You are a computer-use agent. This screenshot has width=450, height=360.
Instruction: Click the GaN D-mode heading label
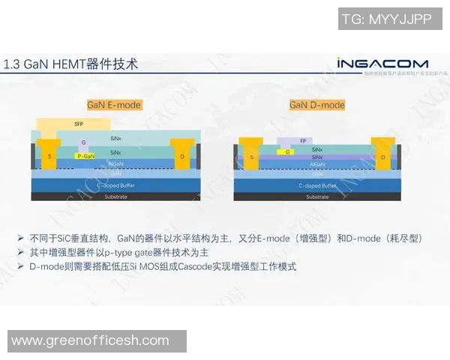(x=317, y=105)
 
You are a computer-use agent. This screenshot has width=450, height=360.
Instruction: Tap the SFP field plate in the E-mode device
(x=79, y=124)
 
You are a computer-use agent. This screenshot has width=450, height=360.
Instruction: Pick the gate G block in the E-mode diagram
(x=83, y=142)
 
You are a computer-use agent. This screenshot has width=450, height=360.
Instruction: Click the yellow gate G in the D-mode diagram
(x=285, y=151)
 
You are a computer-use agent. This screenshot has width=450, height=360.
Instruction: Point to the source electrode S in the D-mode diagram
(x=251, y=157)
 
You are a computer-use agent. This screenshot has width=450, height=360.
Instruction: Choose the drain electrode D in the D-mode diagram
(x=382, y=157)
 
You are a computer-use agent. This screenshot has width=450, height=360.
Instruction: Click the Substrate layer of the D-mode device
(x=317, y=196)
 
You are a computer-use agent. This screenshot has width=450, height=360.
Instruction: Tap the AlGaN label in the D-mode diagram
(x=317, y=163)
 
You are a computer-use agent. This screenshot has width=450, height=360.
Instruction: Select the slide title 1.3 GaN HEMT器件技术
(x=70, y=64)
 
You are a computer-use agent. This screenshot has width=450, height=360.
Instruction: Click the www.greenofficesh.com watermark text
(x=91, y=341)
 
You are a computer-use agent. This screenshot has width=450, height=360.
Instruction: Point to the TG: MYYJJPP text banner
(x=387, y=19)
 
